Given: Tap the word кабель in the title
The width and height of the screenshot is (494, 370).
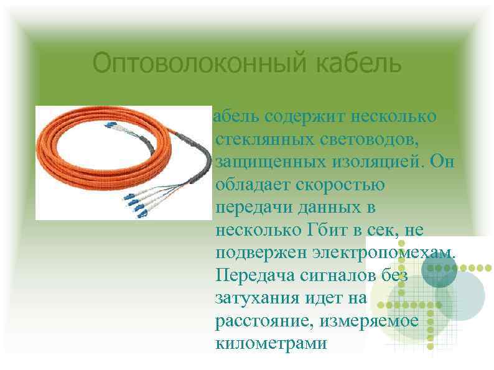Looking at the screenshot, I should pyautogui.click(x=348, y=63).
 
